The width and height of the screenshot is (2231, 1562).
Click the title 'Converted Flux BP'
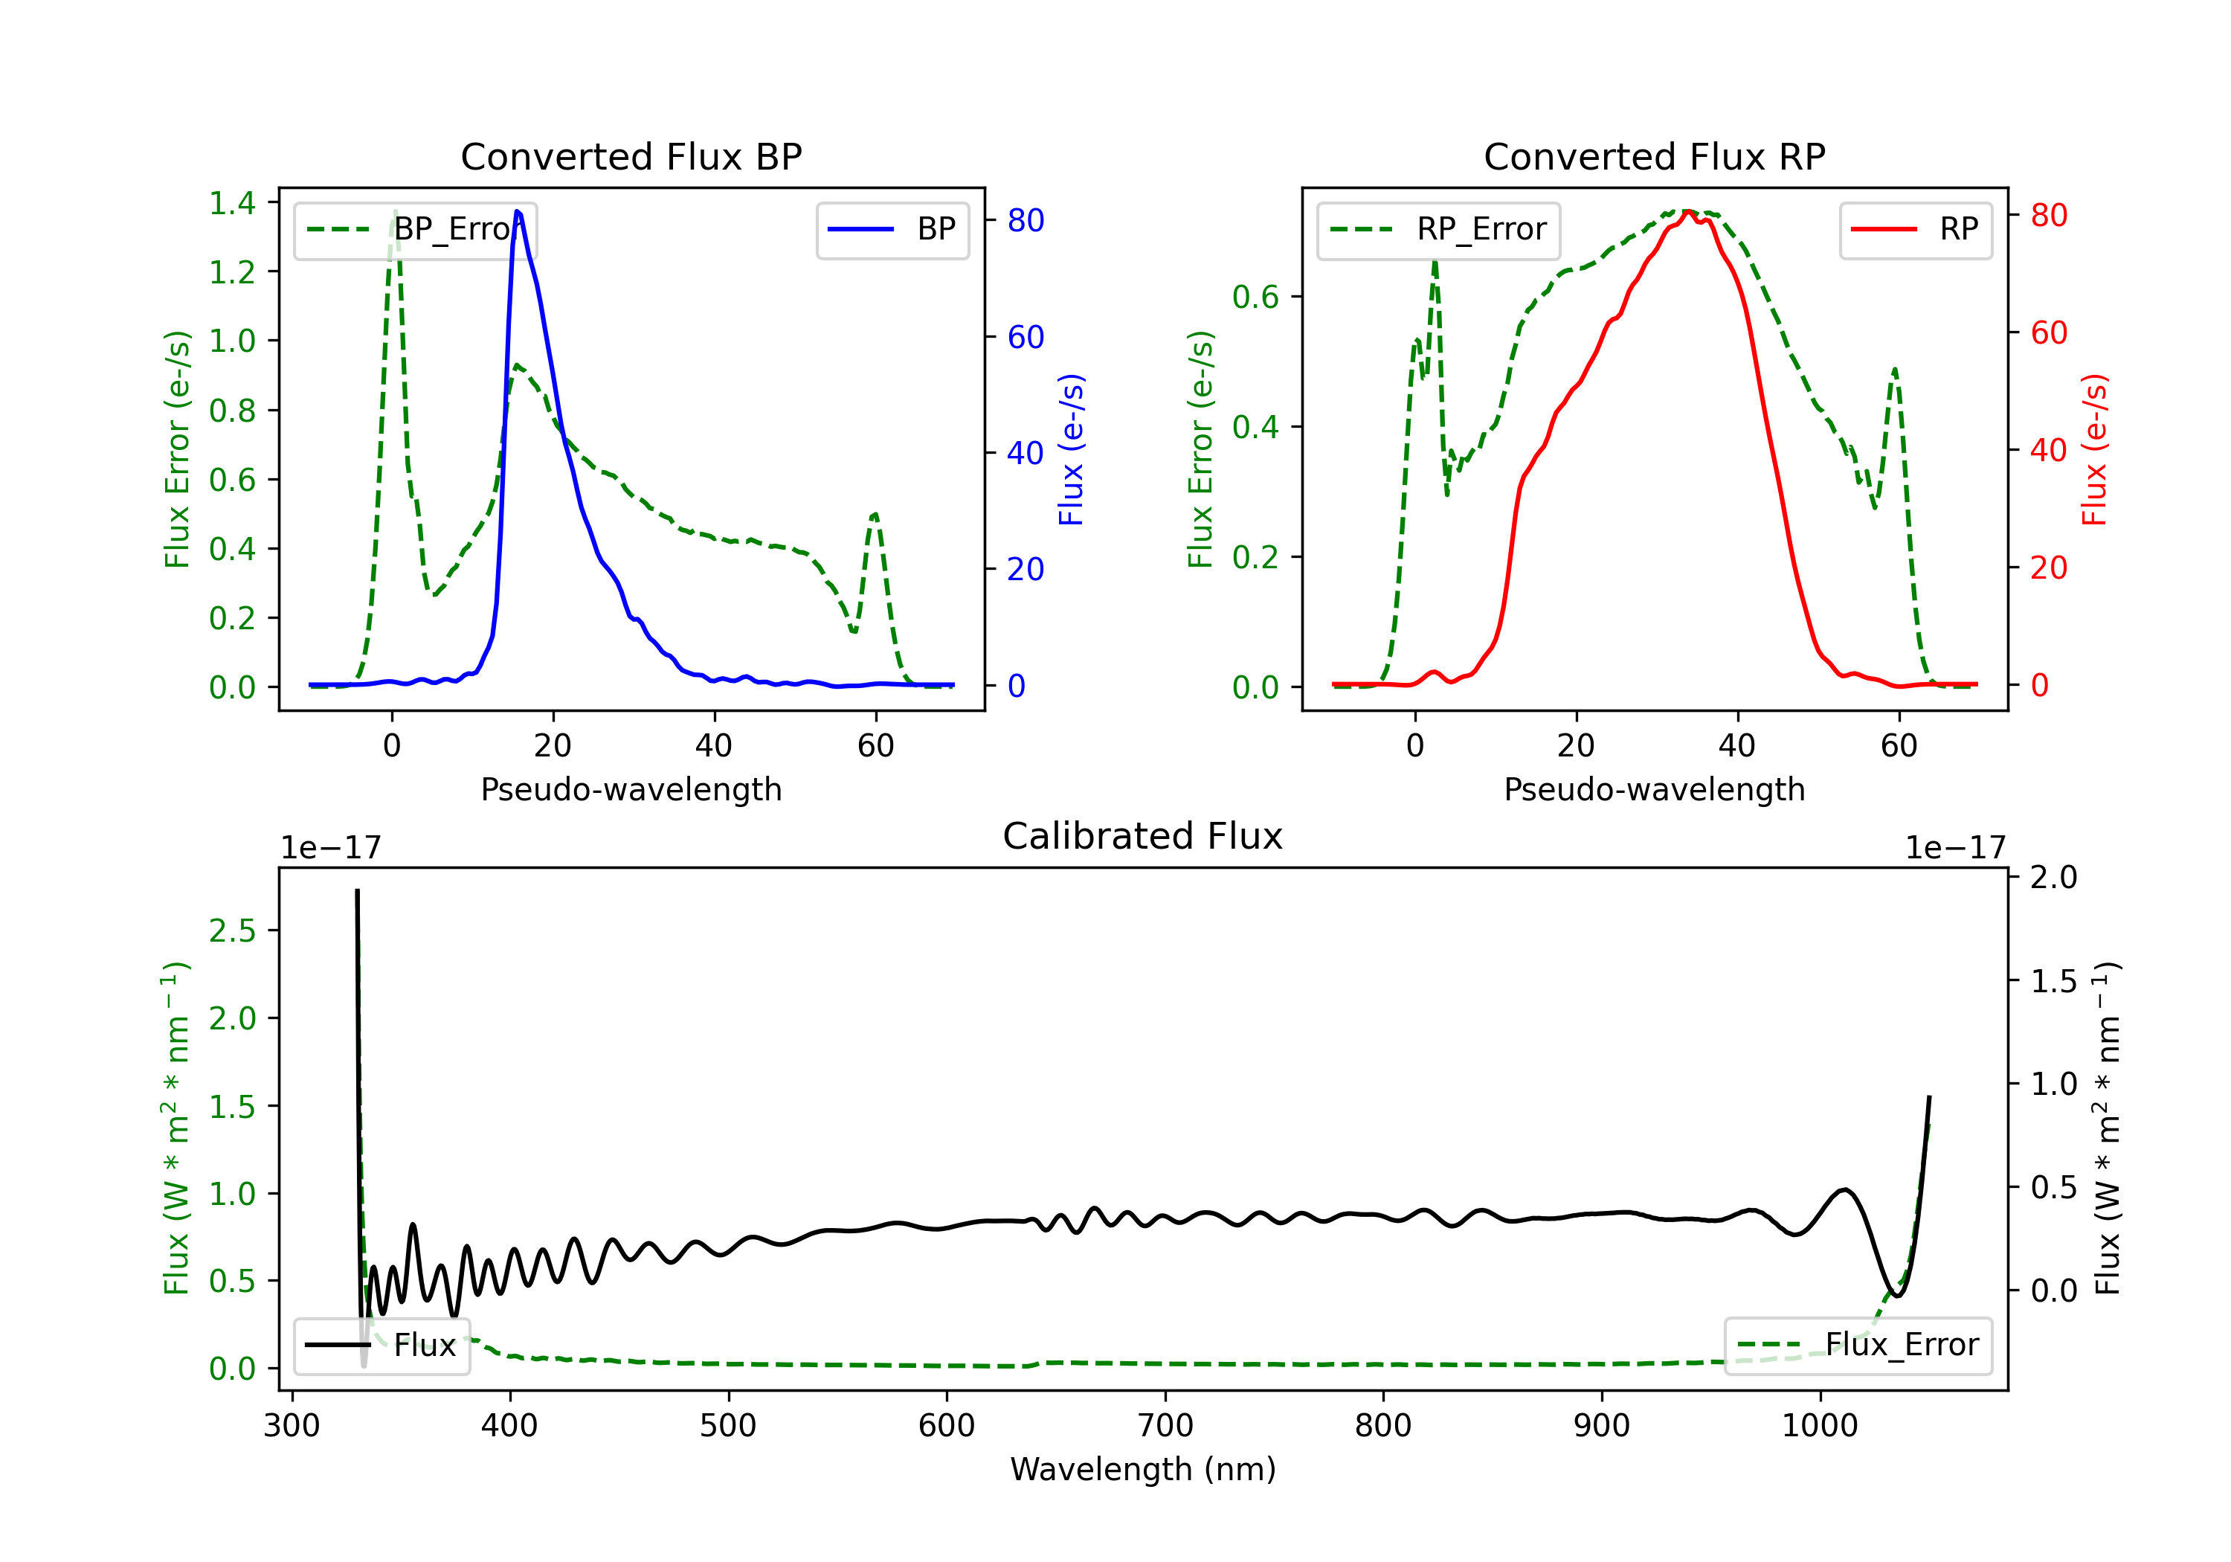point(631,156)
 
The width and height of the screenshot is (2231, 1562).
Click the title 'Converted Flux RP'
point(1654,156)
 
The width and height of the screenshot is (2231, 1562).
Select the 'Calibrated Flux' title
point(1143,836)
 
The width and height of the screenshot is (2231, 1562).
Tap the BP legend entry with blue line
point(892,229)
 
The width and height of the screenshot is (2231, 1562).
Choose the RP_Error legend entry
point(1438,229)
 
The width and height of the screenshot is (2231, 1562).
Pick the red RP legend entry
point(1915,229)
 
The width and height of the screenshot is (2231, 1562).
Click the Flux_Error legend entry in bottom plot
point(1858,1346)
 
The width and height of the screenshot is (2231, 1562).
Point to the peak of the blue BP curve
point(517,211)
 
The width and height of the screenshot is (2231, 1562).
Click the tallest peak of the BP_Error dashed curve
point(394,211)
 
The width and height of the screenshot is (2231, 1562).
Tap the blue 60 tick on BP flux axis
point(1025,337)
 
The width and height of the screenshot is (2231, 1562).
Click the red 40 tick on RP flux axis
point(2048,450)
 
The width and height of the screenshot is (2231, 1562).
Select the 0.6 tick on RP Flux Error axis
point(1255,297)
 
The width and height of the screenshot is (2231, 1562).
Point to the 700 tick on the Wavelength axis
point(1165,1425)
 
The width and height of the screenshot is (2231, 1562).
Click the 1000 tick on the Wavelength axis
point(1819,1425)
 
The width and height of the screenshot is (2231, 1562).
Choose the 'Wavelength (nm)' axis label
point(1143,1469)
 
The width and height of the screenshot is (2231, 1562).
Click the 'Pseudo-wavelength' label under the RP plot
point(1654,789)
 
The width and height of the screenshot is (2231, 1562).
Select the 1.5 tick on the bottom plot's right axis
point(2054,981)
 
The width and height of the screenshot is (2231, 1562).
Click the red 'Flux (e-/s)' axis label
point(2094,450)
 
